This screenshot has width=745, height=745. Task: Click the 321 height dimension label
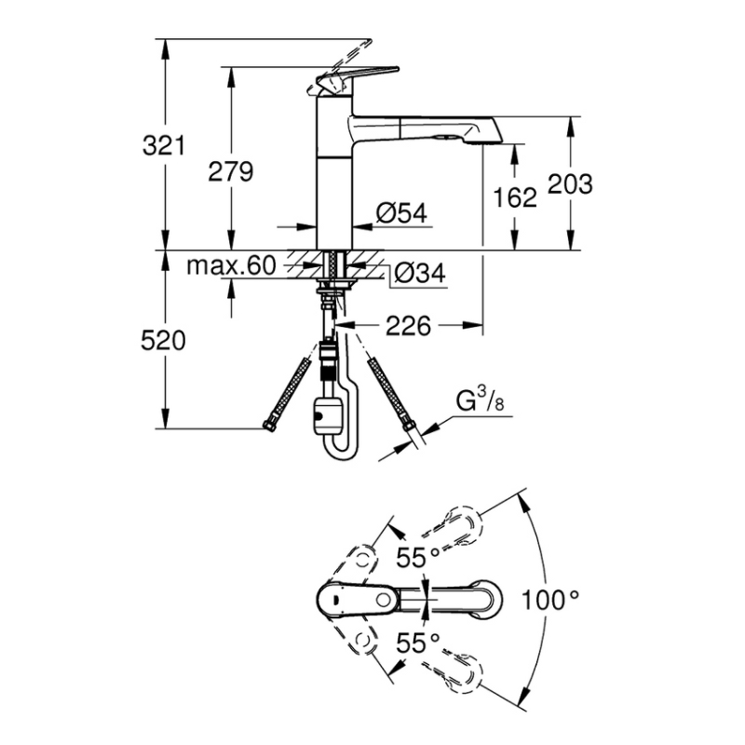coord(164,145)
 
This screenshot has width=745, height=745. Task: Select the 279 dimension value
coord(231,171)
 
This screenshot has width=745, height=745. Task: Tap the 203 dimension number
coord(570,183)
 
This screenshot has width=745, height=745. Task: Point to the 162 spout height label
coord(515,197)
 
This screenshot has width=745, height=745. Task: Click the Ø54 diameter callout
coord(401,212)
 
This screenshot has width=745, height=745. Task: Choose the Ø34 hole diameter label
coord(420,273)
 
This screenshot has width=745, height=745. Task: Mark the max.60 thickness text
coord(231,265)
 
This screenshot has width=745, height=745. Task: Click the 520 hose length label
coord(163,341)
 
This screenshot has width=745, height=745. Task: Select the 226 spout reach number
coord(408,326)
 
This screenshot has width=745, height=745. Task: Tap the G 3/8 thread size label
coord(480,400)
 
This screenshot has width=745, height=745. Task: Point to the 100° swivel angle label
coord(550,600)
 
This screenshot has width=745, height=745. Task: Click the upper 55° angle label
coord(418,557)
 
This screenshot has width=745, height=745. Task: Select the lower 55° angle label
coord(418,643)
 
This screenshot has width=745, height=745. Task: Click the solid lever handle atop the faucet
coord(358,76)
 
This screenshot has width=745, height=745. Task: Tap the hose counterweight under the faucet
coord(327,414)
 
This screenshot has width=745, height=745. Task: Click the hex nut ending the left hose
coord(269,425)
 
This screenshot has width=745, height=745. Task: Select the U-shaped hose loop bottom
coord(342,453)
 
